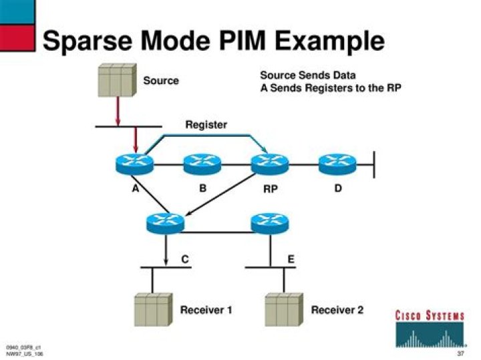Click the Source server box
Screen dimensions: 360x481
tap(118, 80)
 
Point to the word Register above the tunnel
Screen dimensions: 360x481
tap(206, 124)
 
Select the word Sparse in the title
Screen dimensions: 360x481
tap(84, 41)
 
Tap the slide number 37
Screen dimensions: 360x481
tap(460, 352)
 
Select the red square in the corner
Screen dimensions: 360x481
tap(17, 38)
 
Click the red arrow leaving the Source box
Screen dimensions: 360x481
tap(118, 110)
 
